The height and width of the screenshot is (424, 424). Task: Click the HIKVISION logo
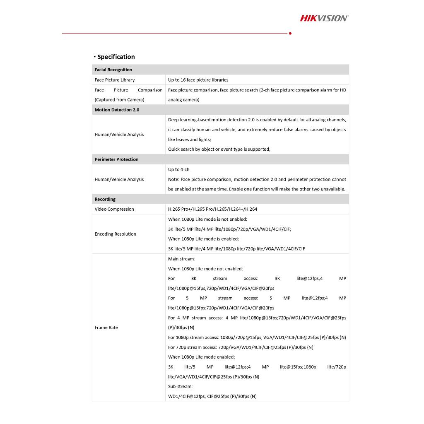coord(324,18)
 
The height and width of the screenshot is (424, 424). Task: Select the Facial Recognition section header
coord(113,70)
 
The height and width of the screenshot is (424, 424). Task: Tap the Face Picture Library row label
coord(115,80)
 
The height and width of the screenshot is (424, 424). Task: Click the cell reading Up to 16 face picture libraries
coord(198,80)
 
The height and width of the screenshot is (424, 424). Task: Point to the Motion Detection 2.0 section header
coord(117,110)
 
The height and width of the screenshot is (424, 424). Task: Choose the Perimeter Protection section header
coord(116,159)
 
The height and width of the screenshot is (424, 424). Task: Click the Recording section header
coord(105,199)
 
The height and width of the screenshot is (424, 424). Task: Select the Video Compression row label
coord(114,209)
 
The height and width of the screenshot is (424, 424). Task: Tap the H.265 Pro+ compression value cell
coord(212,209)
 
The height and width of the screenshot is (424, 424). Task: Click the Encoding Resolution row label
coord(115,234)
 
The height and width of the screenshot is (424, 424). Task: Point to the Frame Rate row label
coord(106,328)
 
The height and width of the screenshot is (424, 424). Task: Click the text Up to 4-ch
coord(179,169)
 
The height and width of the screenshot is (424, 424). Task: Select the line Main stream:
coord(182,259)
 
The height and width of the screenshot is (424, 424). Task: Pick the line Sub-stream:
coord(181,386)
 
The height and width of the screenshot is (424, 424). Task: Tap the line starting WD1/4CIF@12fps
coord(212,396)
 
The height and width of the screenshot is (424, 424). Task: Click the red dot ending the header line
coord(290,33)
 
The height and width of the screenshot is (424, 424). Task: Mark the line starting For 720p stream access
coord(241,347)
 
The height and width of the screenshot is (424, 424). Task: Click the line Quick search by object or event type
coord(219,149)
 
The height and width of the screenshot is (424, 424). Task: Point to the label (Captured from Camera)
coord(119,100)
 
